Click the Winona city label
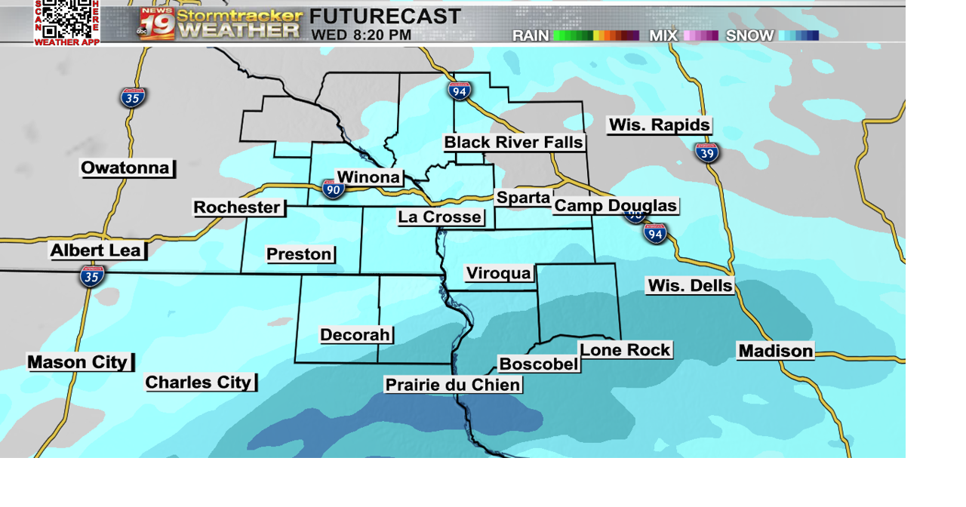(x=368, y=177)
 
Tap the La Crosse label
(x=440, y=217)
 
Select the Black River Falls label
(x=513, y=143)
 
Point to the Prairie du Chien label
(x=453, y=385)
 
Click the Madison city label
(x=776, y=351)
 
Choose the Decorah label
(x=355, y=335)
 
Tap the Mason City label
(x=78, y=362)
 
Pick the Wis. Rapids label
(x=660, y=125)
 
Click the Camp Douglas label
(x=616, y=206)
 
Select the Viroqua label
(x=499, y=273)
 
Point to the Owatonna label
(x=126, y=168)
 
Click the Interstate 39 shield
(x=707, y=152)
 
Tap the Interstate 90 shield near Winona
(x=333, y=189)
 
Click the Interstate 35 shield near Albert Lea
(x=92, y=276)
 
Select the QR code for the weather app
(x=66, y=20)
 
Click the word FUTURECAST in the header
(x=385, y=17)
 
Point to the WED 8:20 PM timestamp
(x=361, y=35)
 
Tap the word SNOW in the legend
(x=749, y=35)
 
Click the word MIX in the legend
(x=663, y=35)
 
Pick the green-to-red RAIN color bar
(x=596, y=35)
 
